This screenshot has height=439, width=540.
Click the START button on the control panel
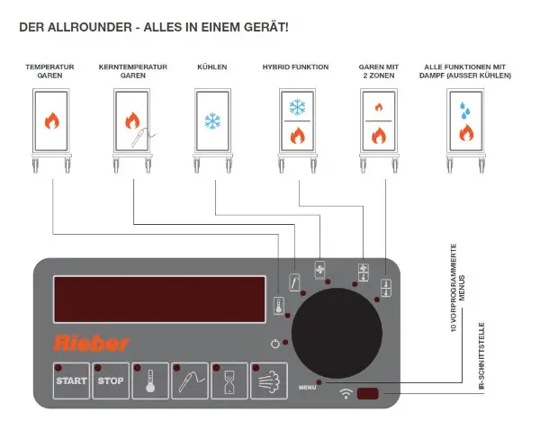(x=71, y=380)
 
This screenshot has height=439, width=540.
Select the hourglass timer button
(x=228, y=380)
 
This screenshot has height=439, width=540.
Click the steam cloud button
(x=267, y=380)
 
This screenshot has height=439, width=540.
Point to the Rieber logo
(x=91, y=343)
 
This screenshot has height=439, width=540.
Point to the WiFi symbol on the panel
(x=345, y=394)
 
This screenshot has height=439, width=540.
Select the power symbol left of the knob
(x=274, y=343)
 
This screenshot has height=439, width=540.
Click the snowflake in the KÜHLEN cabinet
(x=213, y=121)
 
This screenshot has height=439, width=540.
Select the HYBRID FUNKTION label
(x=295, y=67)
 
